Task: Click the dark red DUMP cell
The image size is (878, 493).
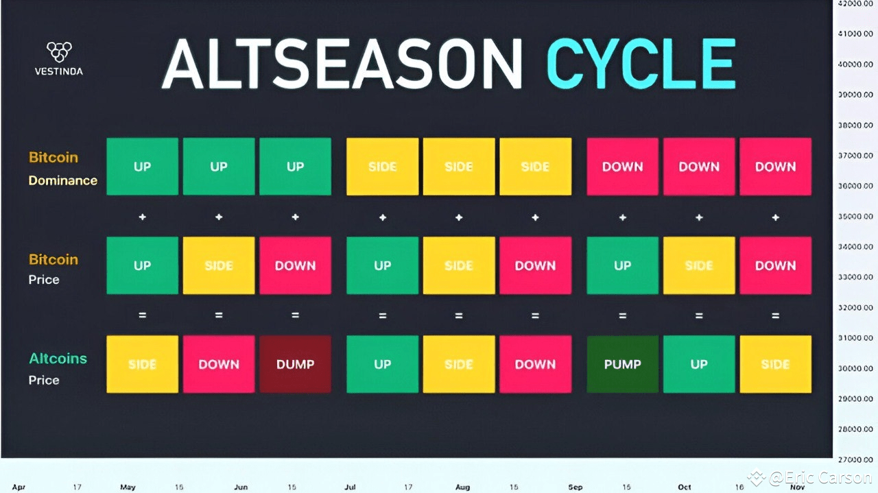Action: [295, 364]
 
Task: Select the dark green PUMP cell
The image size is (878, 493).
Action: [622, 364]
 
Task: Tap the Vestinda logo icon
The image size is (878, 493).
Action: [58, 51]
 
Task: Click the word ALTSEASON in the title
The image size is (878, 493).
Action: [342, 64]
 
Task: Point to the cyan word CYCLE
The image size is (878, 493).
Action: [641, 64]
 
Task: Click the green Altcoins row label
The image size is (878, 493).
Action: [58, 359]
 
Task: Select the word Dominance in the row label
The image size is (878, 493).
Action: [62, 180]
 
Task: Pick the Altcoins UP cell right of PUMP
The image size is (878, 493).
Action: [699, 364]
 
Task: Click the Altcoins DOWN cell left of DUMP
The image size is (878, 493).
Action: [219, 364]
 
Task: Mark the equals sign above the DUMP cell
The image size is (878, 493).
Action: [295, 315]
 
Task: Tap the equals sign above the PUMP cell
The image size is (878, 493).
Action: [622, 315]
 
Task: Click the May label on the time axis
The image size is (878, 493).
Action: [128, 487]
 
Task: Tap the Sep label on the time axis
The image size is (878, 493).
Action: [575, 487]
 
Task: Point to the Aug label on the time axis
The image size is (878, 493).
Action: [462, 487]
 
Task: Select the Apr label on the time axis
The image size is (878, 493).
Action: [19, 487]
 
